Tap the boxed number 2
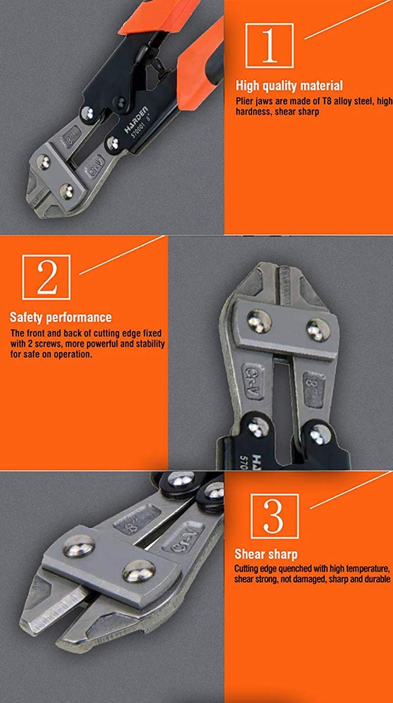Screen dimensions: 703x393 click(47, 276)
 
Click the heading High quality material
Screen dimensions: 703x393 click(289, 86)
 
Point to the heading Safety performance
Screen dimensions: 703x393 click(61, 317)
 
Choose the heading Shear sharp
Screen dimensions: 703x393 click(266, 554)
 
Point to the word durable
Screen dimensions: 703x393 click(377, 579)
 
